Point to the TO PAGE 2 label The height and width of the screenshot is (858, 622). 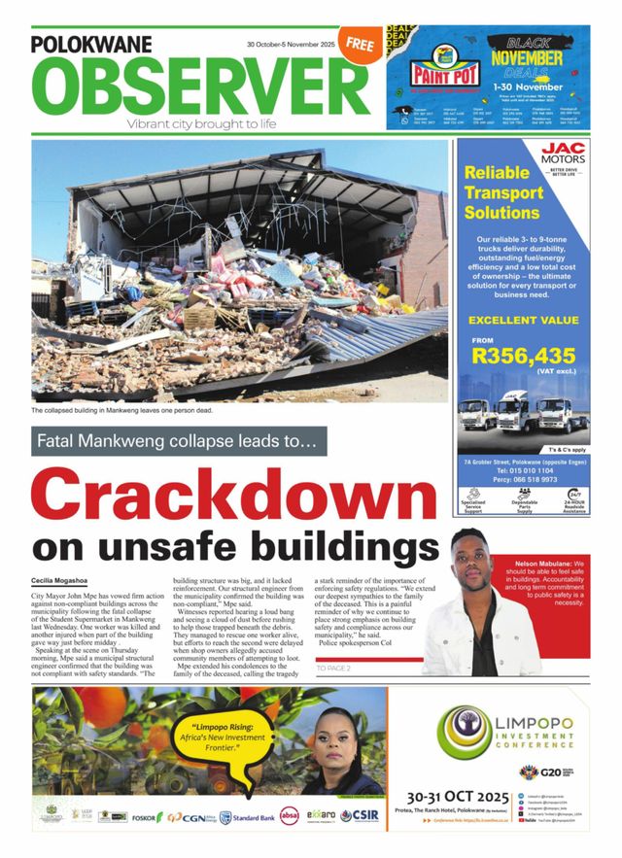click(333, 669)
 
